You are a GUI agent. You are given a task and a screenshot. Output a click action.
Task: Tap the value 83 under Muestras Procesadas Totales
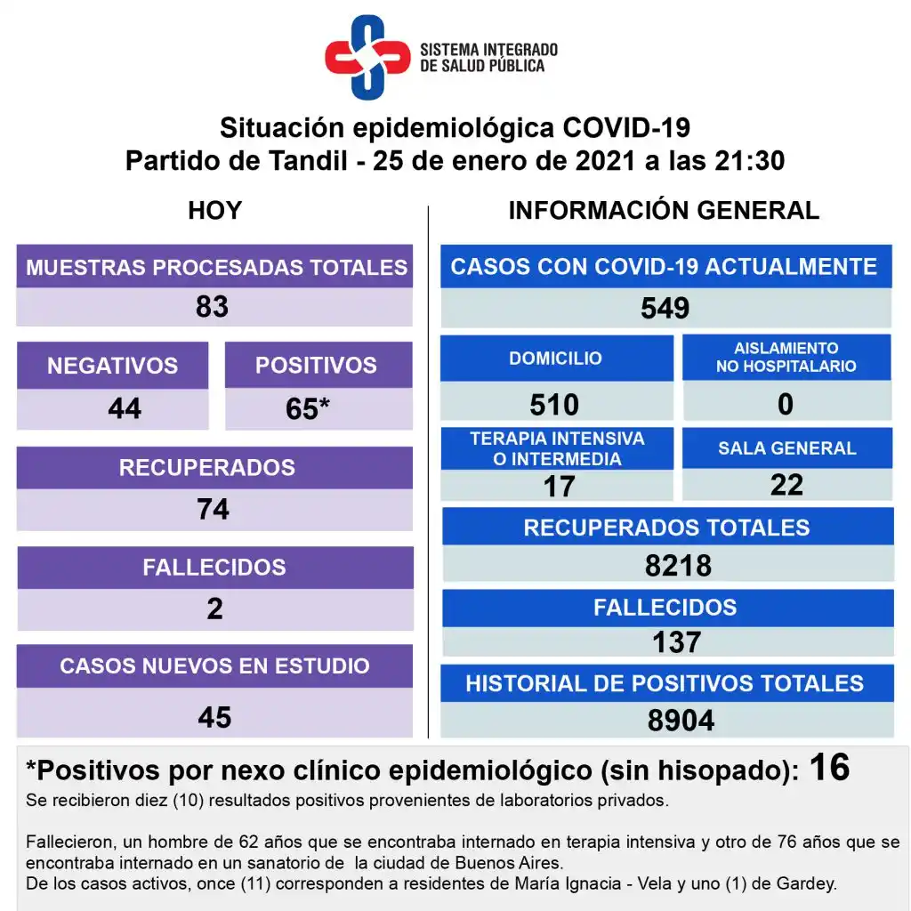(213, 307)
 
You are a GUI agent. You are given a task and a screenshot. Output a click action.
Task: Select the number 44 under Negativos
(125, 408)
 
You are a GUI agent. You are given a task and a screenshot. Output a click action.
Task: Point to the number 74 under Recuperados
(214, 509)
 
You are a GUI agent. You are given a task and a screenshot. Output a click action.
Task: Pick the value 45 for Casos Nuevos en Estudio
(214, 717)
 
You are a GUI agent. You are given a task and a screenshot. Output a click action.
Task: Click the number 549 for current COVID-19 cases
(665, 308)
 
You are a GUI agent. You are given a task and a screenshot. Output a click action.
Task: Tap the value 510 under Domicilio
(554, 405)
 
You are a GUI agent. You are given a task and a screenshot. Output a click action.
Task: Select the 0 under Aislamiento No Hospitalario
(786, 405)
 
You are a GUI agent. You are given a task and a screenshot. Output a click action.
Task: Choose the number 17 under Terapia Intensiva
(559, 486)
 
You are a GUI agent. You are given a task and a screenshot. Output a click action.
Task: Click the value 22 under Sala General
(787, 484)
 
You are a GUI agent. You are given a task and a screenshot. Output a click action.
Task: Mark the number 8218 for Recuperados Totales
(679, 566)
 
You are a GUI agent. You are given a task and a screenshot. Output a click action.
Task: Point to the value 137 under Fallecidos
(676, 641)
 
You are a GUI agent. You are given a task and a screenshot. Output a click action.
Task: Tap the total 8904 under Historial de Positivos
(681, 721)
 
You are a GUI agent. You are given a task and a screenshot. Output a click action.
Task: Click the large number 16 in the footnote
(830, 767)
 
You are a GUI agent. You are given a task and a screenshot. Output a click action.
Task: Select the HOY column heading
(215, 211)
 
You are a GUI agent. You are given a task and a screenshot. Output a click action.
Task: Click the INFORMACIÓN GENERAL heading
(664, 211)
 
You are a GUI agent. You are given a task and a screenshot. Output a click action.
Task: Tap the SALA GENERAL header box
(787, 448)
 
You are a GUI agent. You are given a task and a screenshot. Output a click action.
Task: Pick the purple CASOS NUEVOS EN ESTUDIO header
(214, 666)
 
